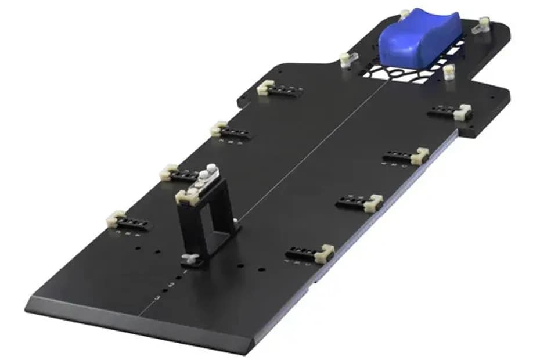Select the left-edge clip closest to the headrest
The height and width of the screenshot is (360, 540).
tap(265, 87)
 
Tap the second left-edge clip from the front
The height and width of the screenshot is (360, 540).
tap(168, 172)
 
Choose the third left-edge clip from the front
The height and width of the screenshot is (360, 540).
tap(218, 128)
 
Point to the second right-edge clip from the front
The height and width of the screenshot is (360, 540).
tap(373, 203)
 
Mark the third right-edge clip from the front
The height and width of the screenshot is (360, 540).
tap(419, 156)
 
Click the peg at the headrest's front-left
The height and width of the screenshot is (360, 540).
tap(345, 59)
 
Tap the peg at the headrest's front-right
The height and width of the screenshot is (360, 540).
tap(448, 73)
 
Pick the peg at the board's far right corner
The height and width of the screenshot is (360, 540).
tap(482, 25)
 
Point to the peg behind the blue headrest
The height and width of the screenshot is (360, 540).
tap(405, 13)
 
